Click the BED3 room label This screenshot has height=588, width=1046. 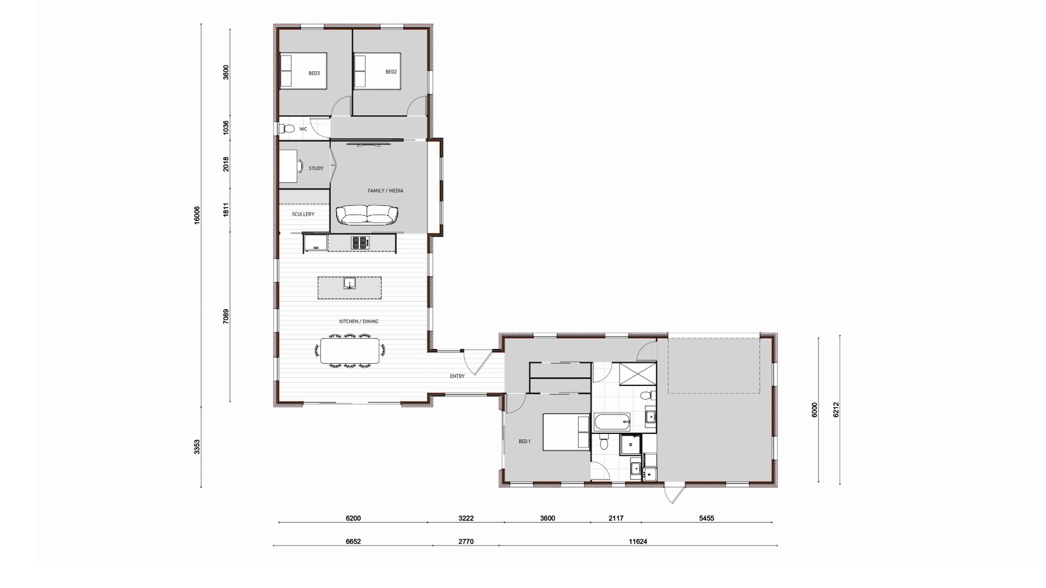(314, 73)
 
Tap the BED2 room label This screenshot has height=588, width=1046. (391, 72)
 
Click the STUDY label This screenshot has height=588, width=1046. (316, 169)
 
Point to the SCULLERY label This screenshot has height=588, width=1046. (303, 215)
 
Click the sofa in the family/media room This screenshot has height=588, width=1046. (367, 215)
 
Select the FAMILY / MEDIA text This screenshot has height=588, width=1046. (385, 191)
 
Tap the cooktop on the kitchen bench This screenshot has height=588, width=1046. (360, 243)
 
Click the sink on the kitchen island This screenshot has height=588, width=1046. (349, 283)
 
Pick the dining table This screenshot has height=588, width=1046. (350, 351)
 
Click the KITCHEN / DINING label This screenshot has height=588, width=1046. (358, 322)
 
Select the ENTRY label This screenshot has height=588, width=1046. (457, 376)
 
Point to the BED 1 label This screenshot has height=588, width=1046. (524, 442)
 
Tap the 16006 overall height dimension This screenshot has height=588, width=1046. (197, 215)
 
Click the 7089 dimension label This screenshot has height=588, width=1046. (226, 317)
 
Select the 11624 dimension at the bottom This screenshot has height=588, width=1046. (637, 542)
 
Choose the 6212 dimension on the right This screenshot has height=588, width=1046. (836, 409)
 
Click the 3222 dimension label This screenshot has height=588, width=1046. (466, 518)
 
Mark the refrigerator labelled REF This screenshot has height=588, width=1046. (315, 243)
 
